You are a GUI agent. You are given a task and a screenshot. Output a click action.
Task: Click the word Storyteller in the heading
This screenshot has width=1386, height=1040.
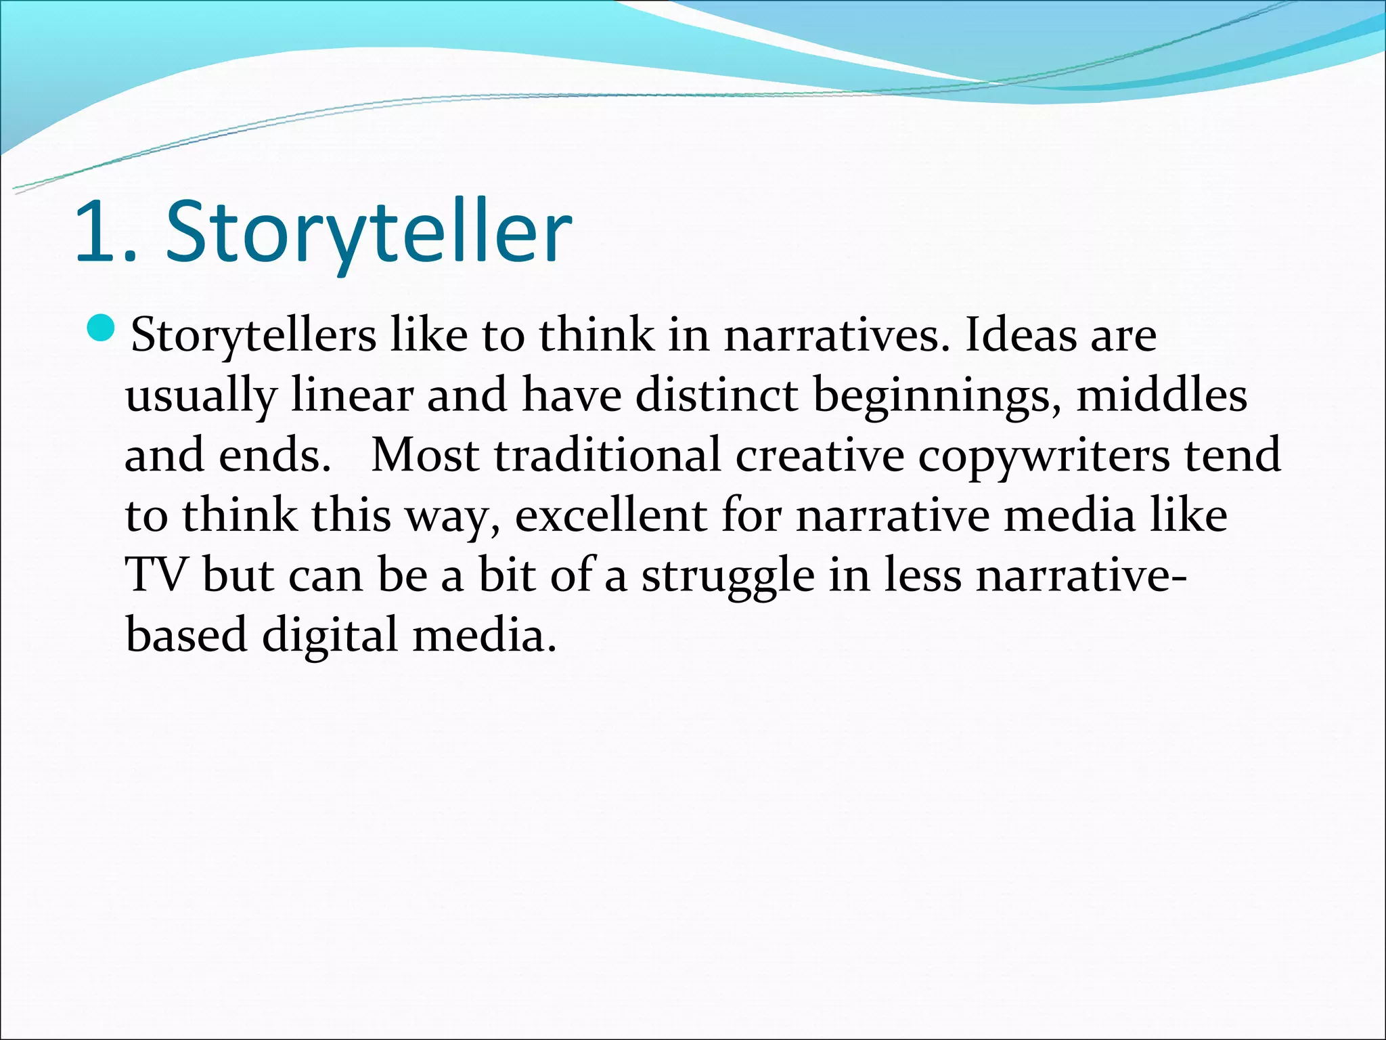tap(369, 232)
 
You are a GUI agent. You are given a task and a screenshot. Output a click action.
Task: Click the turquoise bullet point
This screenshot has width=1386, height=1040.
tap(103, 328)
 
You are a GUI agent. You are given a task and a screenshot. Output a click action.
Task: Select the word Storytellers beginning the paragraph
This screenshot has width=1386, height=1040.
tap(253, 336)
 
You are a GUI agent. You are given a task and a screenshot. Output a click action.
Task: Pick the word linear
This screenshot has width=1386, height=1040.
tap(352, 395)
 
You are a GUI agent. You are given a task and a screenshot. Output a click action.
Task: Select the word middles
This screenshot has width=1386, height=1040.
tap(1161, 395)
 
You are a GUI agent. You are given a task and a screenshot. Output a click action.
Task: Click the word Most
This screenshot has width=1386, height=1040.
tap(426, 455)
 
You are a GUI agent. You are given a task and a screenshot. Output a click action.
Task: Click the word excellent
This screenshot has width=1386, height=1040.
tap(610, 515)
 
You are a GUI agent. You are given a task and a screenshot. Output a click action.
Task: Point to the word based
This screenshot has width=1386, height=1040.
tap(186, 635)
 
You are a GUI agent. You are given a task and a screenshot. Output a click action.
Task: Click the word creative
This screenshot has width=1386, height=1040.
tap(819, 455)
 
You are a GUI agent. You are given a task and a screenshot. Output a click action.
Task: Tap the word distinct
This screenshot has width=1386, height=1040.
tap(716, 395)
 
